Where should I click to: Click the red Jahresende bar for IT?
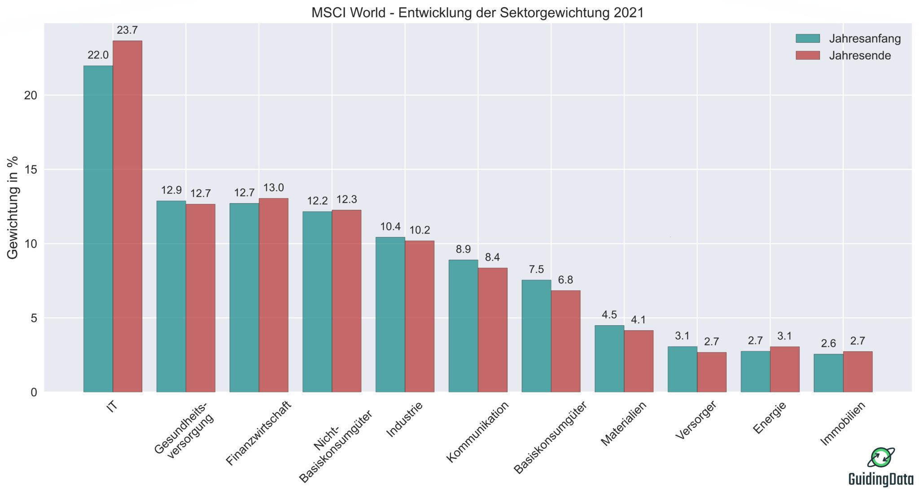click(127, 216)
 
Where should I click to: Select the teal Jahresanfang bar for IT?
click(98, 229)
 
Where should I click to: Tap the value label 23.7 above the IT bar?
click(127, 31)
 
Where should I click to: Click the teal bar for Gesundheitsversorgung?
click(171, 297)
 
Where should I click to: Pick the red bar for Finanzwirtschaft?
click(273, 295)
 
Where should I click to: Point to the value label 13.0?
click(273, 188)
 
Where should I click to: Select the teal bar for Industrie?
click(390, 315)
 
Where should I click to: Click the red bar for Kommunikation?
click(492, 330)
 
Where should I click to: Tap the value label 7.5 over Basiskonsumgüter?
click(536, 270)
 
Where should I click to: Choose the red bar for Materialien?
click(638, 361)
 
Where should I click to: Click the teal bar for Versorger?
click(682, 369)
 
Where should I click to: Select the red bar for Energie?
click(784, 369)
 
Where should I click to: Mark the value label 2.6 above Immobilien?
click(828, 344)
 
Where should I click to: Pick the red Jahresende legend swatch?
click(808, 56)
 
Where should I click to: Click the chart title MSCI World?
click(477, 13)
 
